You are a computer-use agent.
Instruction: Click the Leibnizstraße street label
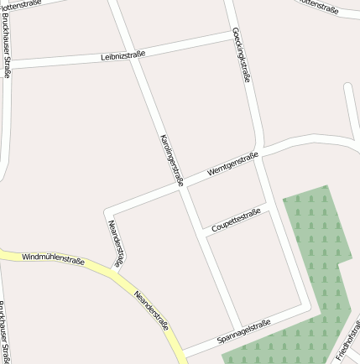pyautogui.click(x=123, y=55)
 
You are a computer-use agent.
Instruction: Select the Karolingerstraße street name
pyautogui.click(x=170, y=159)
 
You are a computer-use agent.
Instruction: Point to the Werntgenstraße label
pyautogui.click(x=232, y=163)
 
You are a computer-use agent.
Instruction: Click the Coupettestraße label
pyautogui.click(x=236, y=220)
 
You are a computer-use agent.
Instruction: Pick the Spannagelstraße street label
pyautogui.click(x=243, y=330)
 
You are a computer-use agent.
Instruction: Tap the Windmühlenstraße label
pyautogui.click(x=53, y=258)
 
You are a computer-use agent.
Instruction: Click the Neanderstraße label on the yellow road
pyautogui.click(x=151, y=311)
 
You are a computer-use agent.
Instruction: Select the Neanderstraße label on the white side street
pyautogui.click(x=116, y=243)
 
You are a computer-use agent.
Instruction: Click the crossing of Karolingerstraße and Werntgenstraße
pyautogui.click(x=182, y=187)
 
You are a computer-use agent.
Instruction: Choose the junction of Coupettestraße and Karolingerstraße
pyautogui.click(x=203, y=234)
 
